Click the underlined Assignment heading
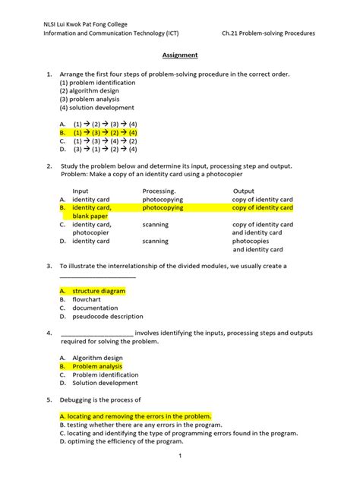tap(179, 55)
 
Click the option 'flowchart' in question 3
tap(89, 299)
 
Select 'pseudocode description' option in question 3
tap(107, 317)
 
